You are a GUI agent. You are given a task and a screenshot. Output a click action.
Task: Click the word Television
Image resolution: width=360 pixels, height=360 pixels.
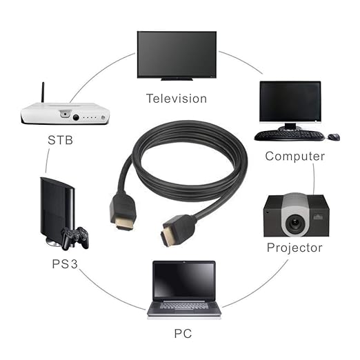(177, 99)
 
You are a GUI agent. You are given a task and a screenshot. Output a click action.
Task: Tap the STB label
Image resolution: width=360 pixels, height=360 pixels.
(60, 140)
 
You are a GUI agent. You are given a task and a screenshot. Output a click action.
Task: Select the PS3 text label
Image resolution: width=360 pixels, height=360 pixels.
(65, 263)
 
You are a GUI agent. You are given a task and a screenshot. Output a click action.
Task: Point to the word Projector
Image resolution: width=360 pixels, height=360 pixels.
(294, 248)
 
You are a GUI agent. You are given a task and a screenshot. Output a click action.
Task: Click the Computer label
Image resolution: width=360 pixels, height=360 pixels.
(295, 157)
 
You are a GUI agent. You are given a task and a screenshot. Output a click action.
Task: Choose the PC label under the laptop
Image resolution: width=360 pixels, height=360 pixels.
(183, 334)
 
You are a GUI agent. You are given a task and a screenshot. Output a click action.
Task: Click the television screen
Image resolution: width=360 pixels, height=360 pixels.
(177, 54)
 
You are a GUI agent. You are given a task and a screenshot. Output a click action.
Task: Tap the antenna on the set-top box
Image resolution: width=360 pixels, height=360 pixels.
(43, 92)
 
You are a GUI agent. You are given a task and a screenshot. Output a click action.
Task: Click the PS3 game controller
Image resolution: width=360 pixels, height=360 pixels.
(75, 238)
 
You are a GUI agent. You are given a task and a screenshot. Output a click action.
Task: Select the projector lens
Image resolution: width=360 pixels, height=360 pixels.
(294, 222)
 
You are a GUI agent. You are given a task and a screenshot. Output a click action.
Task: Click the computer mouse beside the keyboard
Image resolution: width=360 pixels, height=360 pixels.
(334, 137)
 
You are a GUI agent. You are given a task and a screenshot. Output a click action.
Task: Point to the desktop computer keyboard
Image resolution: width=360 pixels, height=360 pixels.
(290, 136)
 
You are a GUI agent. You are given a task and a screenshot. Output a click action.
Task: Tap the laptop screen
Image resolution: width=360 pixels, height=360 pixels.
(184, 280)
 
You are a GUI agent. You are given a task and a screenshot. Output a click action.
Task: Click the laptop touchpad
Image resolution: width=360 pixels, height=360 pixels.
(184, 310)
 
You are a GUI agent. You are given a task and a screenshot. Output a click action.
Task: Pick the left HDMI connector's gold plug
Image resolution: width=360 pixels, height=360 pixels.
(124, 225)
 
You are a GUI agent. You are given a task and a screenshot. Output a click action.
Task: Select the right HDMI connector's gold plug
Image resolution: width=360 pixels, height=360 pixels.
(167, 236)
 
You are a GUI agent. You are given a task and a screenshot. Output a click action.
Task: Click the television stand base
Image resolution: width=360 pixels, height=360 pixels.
(177, 79)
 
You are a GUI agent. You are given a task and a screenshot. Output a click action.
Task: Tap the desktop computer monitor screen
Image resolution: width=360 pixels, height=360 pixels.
(290, 101)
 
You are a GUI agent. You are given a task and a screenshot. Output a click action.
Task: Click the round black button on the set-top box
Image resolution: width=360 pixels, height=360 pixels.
(76, 117)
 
